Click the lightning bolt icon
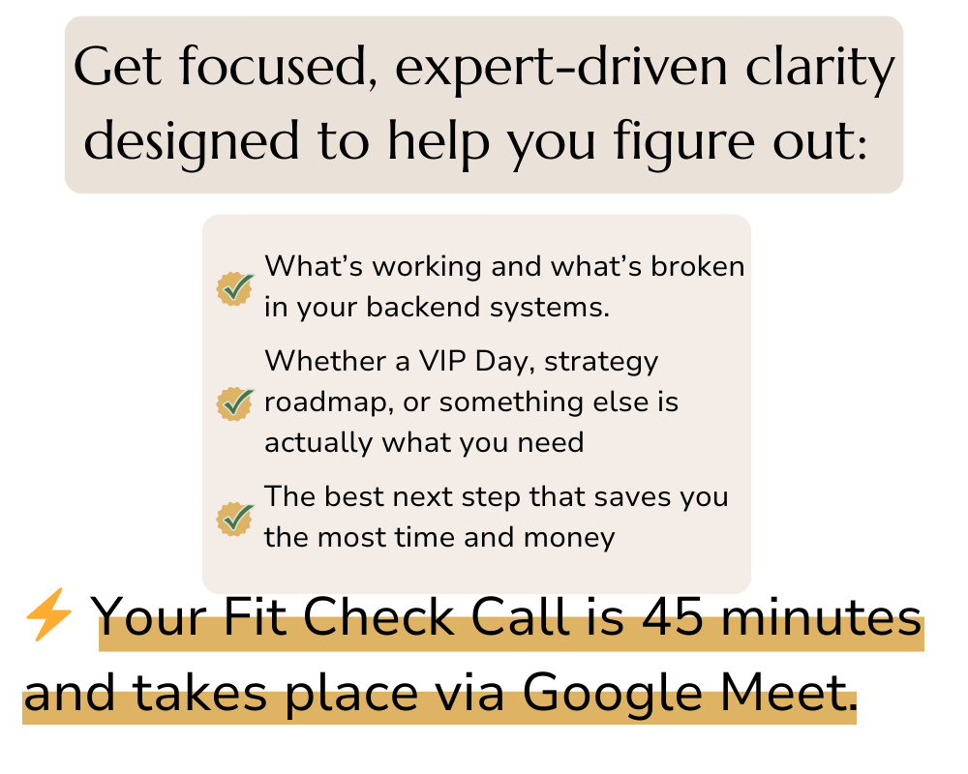(48, 613)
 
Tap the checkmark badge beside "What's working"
(235, 288)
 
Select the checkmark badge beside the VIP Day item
(235, 403)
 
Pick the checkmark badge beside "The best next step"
(235, 519)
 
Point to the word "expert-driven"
(561, 69)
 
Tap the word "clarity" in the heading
(820, 68)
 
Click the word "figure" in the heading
(683, 143)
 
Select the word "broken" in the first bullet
(698, 267)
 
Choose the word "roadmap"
(328, 402)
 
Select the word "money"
(569, 538)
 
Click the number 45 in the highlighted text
(673, 617)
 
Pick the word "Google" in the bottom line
(613, 693)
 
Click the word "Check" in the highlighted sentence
(378, 616)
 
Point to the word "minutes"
(822, 617)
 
